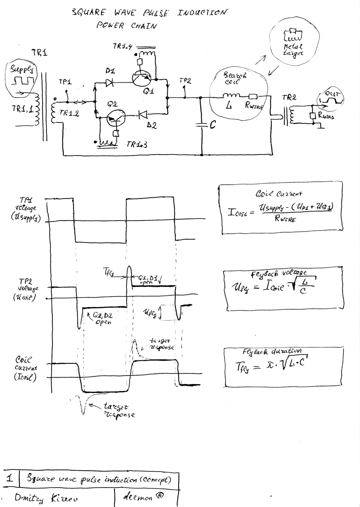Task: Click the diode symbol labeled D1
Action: (111, 83)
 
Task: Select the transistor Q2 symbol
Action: (115, 119)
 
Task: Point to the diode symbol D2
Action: (142, 114)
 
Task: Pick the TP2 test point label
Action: (185, 80)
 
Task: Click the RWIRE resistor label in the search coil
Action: (254, 107)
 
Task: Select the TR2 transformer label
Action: (289, 98)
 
